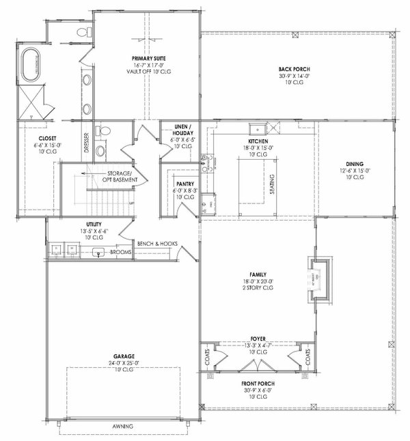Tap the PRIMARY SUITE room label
pyautogui.click(x=146, y=59)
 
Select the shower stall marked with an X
pyautogui.click(x=32, y=100)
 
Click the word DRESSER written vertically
pyautogui.click(x=86, y=143)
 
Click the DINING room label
pyautogui.click(x=355, y=163)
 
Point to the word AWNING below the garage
pyautogui.click(x=124, y=427)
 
